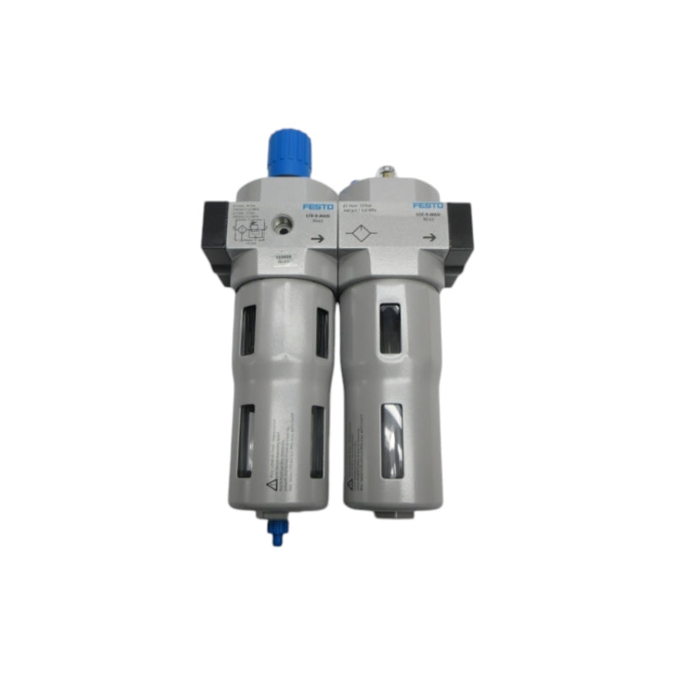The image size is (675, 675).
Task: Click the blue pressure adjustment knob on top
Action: pos(289,154)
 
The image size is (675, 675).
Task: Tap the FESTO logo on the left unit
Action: pos(317,206)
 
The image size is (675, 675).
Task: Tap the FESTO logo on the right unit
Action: pos(425,205)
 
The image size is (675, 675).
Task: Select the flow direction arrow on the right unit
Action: pos(429,238)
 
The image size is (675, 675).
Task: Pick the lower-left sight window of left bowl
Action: pos(246,439)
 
